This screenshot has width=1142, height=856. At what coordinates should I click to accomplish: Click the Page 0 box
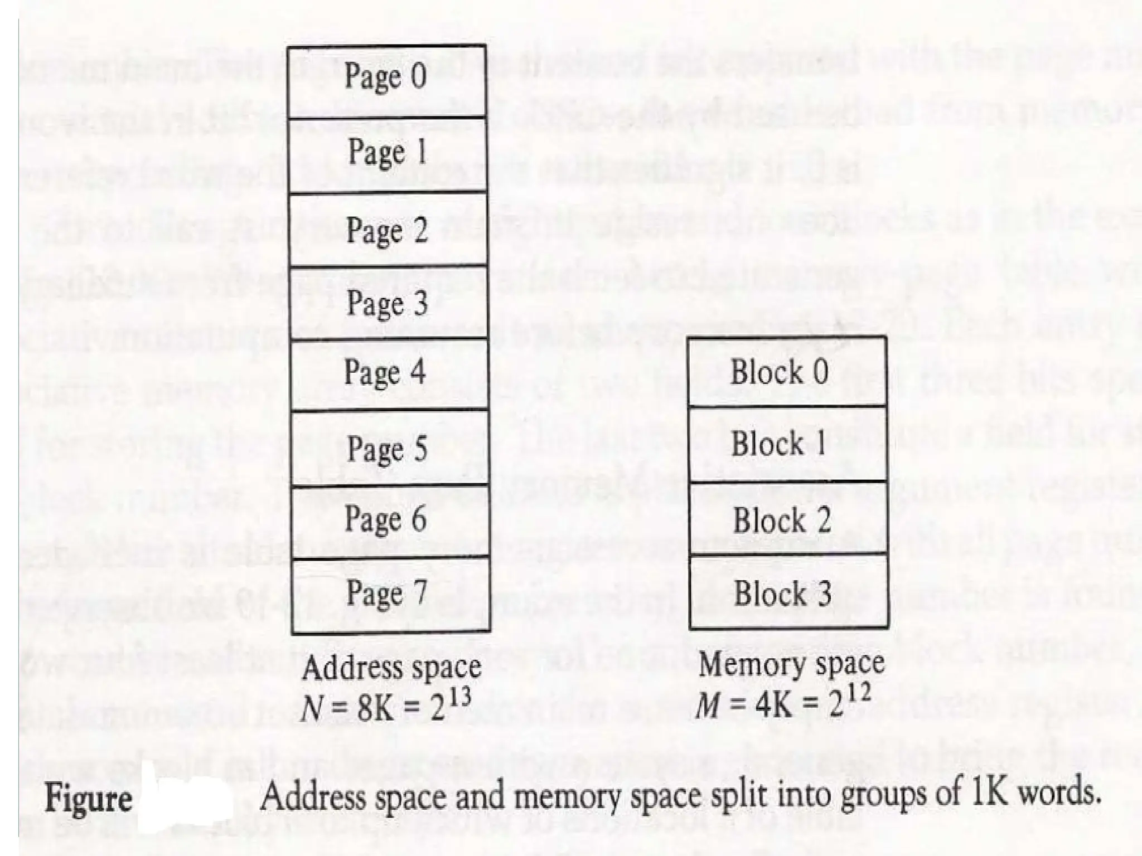pos(386,81)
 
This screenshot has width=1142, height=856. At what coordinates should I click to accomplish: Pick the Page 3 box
pos(389,303)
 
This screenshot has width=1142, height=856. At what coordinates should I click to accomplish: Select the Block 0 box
pos(787,372)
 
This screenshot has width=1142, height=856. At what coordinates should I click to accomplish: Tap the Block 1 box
pos(787,444)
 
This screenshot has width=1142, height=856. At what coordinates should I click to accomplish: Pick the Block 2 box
pos(788,518)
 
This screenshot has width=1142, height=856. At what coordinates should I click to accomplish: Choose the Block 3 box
pos(788,592)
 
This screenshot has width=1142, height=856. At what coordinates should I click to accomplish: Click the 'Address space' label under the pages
pos(391,668)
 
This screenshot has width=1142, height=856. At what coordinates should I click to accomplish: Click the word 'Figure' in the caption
pos(88,798)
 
